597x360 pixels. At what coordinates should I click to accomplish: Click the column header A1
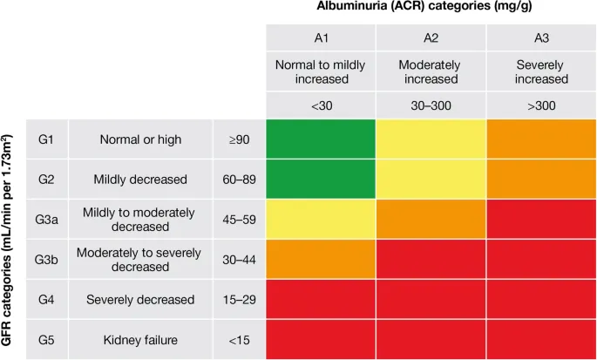point(321,37)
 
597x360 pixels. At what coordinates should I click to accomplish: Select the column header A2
point(431,37)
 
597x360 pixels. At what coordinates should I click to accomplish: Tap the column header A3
point(540,37)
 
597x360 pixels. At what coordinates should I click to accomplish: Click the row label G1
point(47,139)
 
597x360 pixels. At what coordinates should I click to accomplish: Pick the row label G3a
point(47,220)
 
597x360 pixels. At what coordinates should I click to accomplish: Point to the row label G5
point(47,339)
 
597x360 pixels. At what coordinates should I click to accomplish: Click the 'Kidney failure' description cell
point(140,339)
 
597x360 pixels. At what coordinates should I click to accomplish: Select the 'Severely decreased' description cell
point(140,299)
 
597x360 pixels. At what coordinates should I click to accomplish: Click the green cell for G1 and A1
point(321,139)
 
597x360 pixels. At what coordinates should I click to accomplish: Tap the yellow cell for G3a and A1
point(321,220)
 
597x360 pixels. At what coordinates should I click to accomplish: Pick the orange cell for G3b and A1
point(321,259)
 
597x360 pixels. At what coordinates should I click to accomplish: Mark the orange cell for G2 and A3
point(540,180)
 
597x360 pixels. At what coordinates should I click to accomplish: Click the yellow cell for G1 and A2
point(431,139)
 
